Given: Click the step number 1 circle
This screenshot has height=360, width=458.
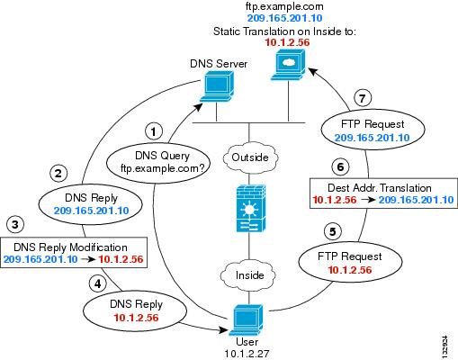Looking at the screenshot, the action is pyautogui.click(x=154, y=131).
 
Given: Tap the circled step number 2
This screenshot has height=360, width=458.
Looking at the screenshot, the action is pyautogui.click(x=58, y=174).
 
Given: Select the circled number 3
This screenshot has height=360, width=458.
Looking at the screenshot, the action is pyautogui.click(x=15, y=224).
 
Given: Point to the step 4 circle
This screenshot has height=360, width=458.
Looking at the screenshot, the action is pyautogui.click(x=98, y=283).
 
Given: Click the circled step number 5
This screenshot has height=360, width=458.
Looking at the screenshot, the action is pyautogui.click(x=333, y=231).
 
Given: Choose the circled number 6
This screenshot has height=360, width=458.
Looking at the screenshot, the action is pyautogui.click(x=340, y=166).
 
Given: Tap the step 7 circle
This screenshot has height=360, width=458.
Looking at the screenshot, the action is pyautogui.click(x=363, y=98).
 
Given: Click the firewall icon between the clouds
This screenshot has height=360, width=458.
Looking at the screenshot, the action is pyautogui.click(x=251, y=208).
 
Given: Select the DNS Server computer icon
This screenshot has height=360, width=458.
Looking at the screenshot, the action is pyautogui.click(x=217, y=87).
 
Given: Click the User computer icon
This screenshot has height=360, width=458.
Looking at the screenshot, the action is pyautogui.click(x=247, y=320).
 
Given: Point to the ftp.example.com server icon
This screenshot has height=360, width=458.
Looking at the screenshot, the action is pyautogui.click(x=288, y=65).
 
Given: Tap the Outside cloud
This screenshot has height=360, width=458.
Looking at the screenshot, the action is pyautogui.click(x=250, y=157).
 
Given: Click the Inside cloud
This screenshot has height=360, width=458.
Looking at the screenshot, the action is pyautogui.click(x=248, y=275).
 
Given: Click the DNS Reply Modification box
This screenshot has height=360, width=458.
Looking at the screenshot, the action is pyautogui.click(x=74, y=252).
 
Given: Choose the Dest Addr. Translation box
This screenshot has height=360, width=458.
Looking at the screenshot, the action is pyautogui.click(x=383, y=193).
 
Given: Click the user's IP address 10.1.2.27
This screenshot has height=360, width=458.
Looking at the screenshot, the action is pyautogui.click(x=247, y=354).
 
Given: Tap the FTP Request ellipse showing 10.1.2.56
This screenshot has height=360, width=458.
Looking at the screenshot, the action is pyautogui.click(x=350, y=263).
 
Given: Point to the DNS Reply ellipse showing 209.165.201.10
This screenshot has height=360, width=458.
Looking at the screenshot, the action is pyautogui.click(x=91, y=204).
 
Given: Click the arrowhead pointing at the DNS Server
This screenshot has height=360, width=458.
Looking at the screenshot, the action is pyautogui.click(x=199, y=107).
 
